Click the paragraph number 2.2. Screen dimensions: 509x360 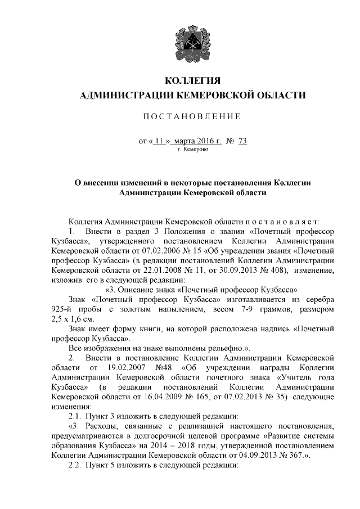[x=75, y=466]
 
